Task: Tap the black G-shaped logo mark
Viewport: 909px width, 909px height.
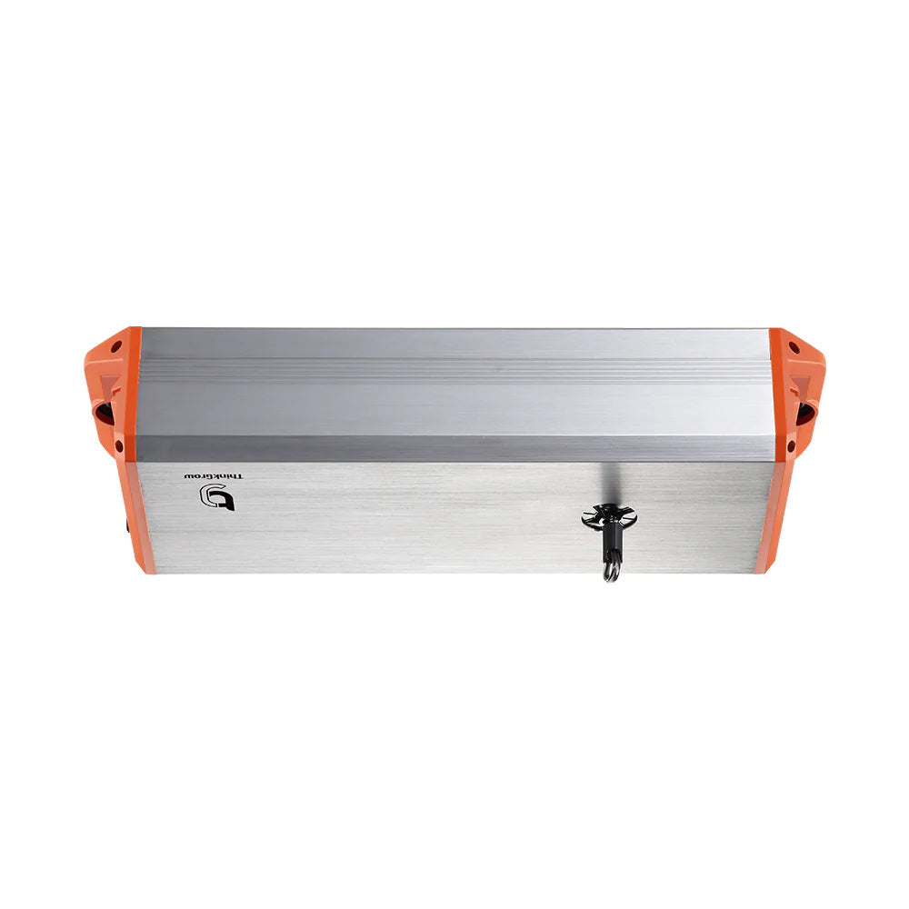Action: click(x=217, y=497)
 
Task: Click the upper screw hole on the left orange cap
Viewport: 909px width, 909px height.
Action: click(x=116, y=346)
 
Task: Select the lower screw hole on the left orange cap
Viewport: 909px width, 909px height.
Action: click(x=119, y=445)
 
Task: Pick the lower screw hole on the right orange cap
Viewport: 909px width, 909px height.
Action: click(x=791, y=446)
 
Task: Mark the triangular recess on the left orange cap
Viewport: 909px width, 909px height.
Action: click(x=108, y=382)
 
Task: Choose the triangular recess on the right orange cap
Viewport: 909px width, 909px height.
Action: click(x=801, y=383)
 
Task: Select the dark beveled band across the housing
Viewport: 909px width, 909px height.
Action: click(x=454, y=448)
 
